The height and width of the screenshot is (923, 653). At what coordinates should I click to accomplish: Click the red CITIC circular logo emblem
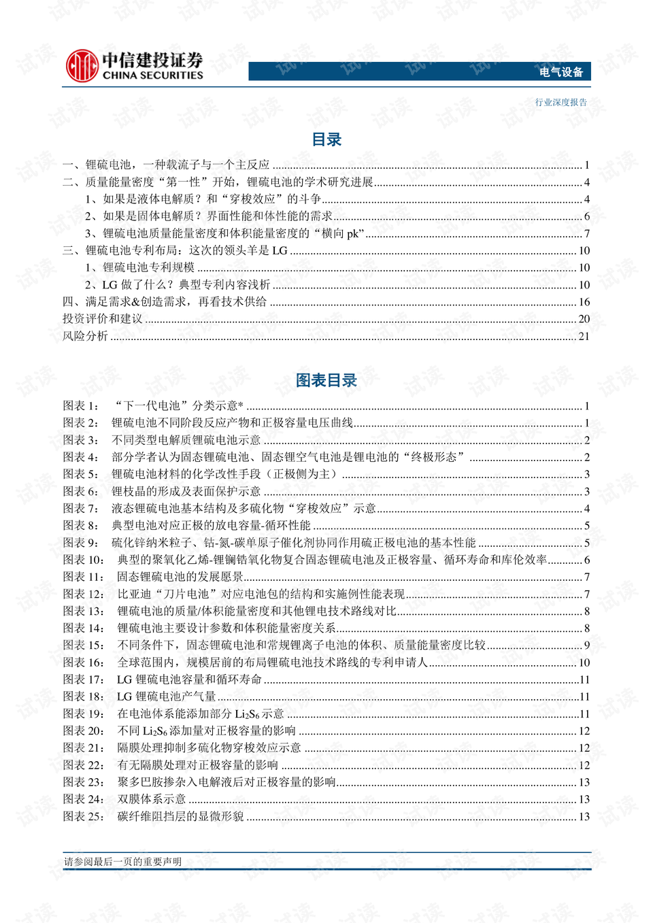(x=82, y=66)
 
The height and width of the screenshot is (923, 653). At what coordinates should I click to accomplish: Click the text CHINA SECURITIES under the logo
(x=152, y=75)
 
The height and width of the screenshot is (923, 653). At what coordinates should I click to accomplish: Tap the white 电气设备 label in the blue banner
(x=561, y=72)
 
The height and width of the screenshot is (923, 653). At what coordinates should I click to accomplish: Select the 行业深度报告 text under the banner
(x=560, y=103)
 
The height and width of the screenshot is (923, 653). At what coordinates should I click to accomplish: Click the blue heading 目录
(x=326, y=139)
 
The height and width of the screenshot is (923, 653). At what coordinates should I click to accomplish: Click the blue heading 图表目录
(x=326, y=380)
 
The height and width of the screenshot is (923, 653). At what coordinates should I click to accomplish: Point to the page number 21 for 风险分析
(x=584, y=336)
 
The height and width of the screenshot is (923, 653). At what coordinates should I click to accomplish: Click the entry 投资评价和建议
(x=103, y=319)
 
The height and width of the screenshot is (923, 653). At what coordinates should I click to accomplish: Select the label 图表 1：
(x=81, y=406)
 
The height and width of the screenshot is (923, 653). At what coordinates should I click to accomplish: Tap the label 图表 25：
(x=84, y=816)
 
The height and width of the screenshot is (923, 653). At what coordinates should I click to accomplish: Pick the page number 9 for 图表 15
(x=586, y=645)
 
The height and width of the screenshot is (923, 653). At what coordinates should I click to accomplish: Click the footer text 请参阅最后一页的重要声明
(x=123, y=862)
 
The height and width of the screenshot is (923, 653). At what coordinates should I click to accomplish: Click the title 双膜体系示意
(x=152, y=799)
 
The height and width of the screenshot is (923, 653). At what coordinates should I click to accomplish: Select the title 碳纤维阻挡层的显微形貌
(x=180, y=816)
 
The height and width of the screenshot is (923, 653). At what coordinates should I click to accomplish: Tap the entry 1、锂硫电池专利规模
(x=140, y=268)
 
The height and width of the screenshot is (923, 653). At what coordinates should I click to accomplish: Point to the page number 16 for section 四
(x=584, y=302)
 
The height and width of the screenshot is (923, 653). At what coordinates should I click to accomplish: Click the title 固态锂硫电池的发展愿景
(x=180, y=577)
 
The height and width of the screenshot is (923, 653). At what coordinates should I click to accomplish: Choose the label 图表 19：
(x=84, y=714)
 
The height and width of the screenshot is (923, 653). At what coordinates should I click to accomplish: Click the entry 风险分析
(x=85, y=336)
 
